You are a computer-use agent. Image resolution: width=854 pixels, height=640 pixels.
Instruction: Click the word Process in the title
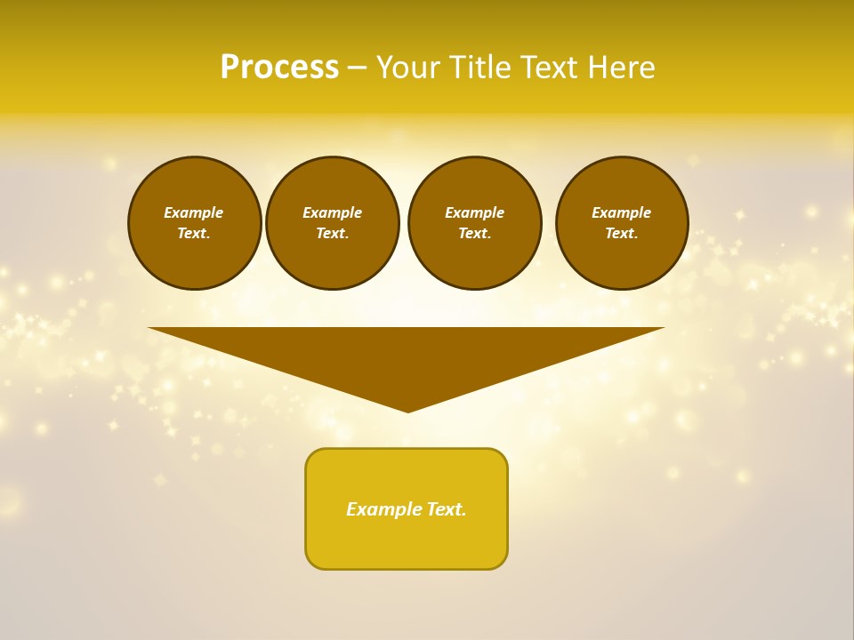point(279,68)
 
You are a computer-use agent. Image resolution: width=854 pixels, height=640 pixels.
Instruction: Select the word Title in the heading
point(485,68)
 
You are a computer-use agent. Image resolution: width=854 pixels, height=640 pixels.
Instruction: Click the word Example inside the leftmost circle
point(194,212)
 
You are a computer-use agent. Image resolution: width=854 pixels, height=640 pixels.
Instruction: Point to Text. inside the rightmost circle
point(622,233)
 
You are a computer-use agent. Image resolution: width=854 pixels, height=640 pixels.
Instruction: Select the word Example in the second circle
point(333,212)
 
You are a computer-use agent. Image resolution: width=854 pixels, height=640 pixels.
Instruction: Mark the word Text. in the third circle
point(475,233)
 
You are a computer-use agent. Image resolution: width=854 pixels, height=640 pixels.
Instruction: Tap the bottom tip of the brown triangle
point(408,411)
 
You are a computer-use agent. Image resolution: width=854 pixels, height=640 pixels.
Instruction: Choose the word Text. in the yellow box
point(447,509)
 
